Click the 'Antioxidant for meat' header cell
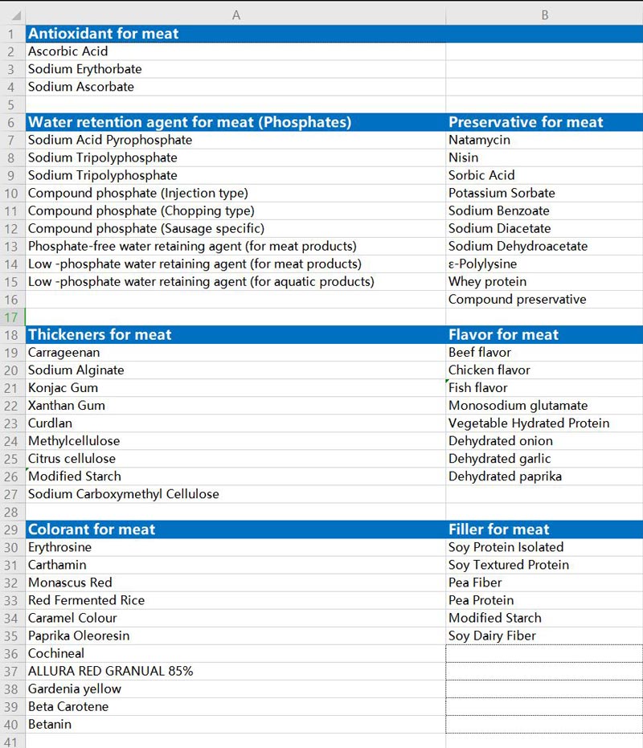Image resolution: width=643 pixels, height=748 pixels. tap(104, 34)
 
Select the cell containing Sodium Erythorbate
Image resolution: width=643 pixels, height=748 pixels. tap(85, 69)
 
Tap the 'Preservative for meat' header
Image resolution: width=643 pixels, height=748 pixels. tap(526, 122)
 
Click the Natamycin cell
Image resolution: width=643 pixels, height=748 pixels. tap(479, 140)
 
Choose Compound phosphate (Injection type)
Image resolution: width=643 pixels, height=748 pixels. tap(138, 193)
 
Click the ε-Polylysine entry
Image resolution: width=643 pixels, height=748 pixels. tap(482, 264)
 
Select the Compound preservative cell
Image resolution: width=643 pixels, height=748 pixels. tap(517, 299)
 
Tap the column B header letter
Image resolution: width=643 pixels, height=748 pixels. tap(544, 15)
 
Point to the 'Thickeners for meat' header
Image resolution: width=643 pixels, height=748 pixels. tap(100, 335)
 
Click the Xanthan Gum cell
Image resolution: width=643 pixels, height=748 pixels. tap(67, 406)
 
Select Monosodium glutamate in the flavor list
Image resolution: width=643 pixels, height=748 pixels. tap(518, 406)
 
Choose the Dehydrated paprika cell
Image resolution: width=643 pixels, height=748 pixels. tap(505, 476)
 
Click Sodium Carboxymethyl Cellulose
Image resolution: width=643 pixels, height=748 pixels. tap(124, 494)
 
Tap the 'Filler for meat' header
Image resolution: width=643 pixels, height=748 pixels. tap(499, 529)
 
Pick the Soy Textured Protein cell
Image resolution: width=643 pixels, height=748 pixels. tap(509, 565)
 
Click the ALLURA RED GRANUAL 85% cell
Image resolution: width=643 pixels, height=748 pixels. tap(111, 671)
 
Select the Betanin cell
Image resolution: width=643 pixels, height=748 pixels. tap(50, 724)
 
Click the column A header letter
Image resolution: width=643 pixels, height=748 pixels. tap(235, 15)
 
